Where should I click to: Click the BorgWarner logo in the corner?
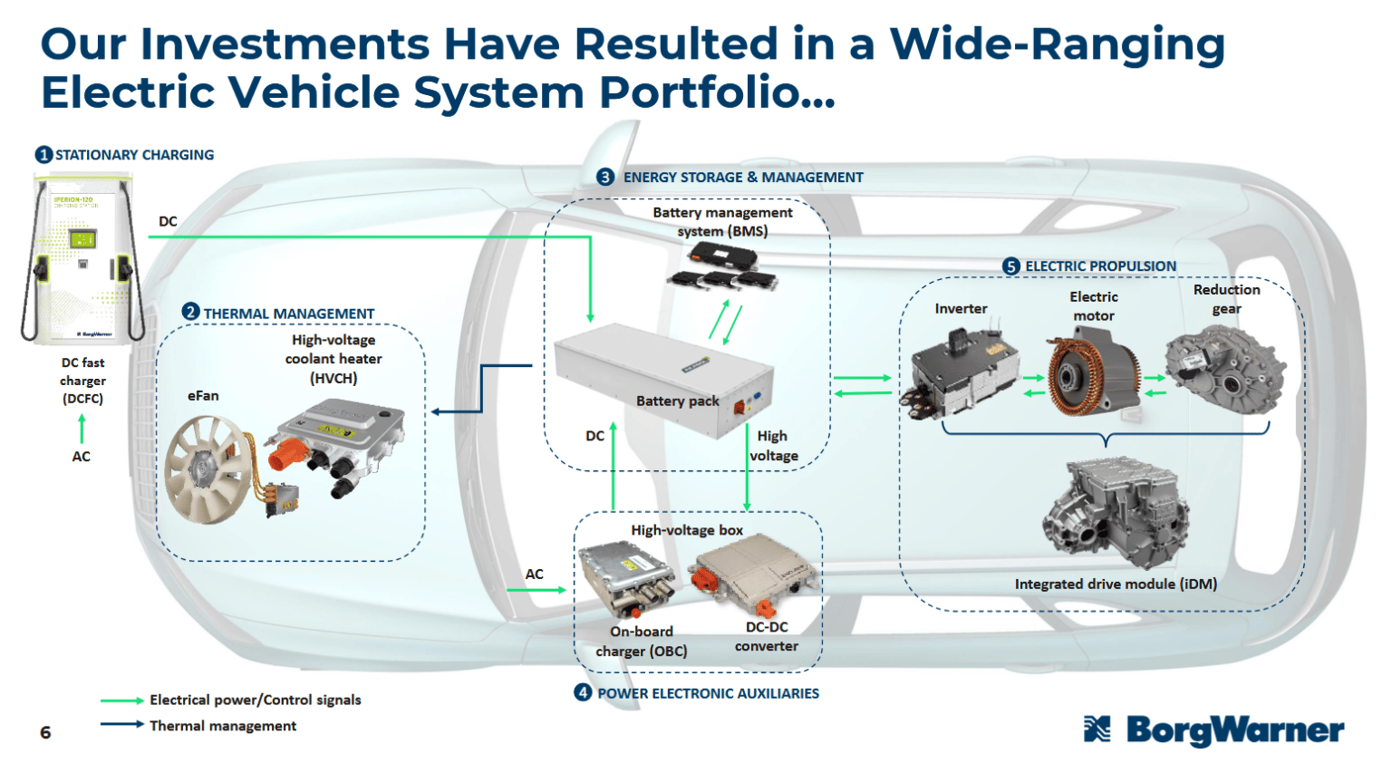click(x=1214, y=729)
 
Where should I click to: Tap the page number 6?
click(x=45, y=732)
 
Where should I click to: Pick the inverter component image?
click(x=961, y=376)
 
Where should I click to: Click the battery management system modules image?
click(x=722, y=269)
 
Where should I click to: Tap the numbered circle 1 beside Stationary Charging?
click(x=43, y=155)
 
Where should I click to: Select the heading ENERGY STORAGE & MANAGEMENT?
click(x=742, y=178)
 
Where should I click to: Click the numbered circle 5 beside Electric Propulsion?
click(x=1011, y=266)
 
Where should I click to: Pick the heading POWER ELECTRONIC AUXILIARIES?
click(x=708, y=693)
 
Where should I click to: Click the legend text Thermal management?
click(x=223, y=726)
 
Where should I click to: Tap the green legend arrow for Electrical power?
click(x=121, y=700)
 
